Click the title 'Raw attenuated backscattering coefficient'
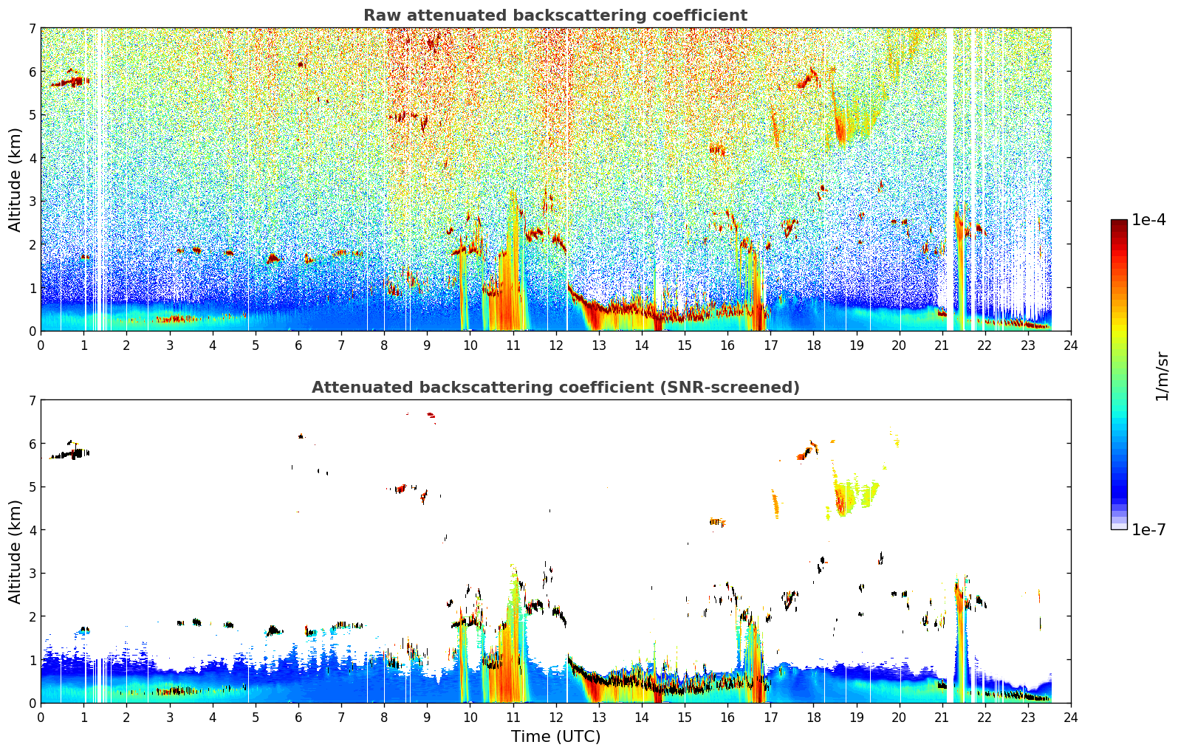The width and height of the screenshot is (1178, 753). click(555, 16)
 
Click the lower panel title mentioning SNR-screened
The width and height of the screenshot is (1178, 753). click(555, 388)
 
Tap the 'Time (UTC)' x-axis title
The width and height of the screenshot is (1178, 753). click(555, 736)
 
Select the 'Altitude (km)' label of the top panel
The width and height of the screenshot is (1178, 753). click(15, 180)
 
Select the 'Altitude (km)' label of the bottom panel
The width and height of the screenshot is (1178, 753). click(15, 551)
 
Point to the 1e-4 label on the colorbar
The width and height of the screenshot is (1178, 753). click(1148, 220)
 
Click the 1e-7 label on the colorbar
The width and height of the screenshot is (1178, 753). click(1148, 529)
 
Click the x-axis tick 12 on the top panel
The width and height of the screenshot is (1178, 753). click(556, 345)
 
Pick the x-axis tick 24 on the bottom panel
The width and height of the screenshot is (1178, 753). click(1071, 718)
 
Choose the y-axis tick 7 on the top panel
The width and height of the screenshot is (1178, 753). click(32, 28)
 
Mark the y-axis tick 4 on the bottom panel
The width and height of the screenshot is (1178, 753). click(32, 529)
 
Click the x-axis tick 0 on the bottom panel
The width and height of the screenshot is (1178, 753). click(41, 718)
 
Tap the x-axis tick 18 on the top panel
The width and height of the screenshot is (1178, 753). click(814, 345)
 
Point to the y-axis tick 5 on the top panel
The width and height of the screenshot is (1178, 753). click(32, 114)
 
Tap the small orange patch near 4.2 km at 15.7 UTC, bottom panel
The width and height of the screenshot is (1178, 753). click(717, 522)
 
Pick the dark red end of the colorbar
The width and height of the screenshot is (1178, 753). click(1119, 223)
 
